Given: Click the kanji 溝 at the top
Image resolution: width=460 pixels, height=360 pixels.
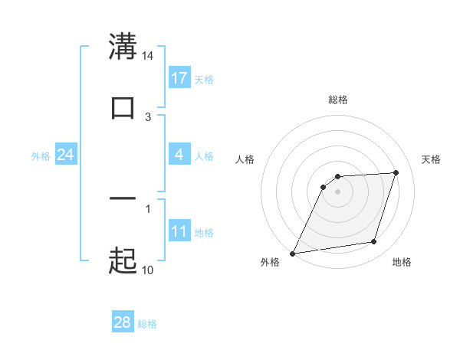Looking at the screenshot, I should (x=123, y=45).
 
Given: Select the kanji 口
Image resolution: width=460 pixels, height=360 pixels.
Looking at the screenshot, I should (x=123, y=108).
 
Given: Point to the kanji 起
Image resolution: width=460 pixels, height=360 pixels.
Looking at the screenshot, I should (x=123, y=261).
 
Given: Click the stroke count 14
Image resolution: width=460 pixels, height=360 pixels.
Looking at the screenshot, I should (x=148, y=56).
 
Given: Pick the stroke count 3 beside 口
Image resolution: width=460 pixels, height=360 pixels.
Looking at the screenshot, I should (x=148, y=117).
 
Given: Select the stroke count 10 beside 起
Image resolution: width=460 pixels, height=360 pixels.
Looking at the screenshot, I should (x=148, y=270).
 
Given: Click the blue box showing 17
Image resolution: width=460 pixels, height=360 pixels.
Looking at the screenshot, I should (x=179, y=78).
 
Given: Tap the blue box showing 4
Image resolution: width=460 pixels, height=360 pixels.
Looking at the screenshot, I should (x=179, y=155).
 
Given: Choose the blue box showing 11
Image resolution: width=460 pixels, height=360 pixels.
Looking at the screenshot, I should (x=179, y=231).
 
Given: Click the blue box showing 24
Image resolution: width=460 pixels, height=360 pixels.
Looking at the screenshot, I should (x=66, y=155).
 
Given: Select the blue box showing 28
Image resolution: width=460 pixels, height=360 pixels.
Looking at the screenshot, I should (x=123, y=323).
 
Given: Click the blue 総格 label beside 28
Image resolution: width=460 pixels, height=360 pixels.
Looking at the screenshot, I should (x=147, y=324).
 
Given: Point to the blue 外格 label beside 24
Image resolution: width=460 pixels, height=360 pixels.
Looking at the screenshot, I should (x=41, y=156).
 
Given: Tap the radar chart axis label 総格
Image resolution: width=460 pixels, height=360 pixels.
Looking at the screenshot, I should (x=338, y=100).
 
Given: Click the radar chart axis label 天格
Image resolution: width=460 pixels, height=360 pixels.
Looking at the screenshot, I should (x=431, y=159).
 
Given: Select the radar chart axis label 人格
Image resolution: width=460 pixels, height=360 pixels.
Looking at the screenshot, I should (x=245, y=159).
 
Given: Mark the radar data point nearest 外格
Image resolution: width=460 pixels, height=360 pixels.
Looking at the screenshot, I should (x=293, y=254).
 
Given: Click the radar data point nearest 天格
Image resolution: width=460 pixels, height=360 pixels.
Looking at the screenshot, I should (x=396, y=173).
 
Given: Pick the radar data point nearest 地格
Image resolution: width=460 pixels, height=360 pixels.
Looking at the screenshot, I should (x=374, y=242).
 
